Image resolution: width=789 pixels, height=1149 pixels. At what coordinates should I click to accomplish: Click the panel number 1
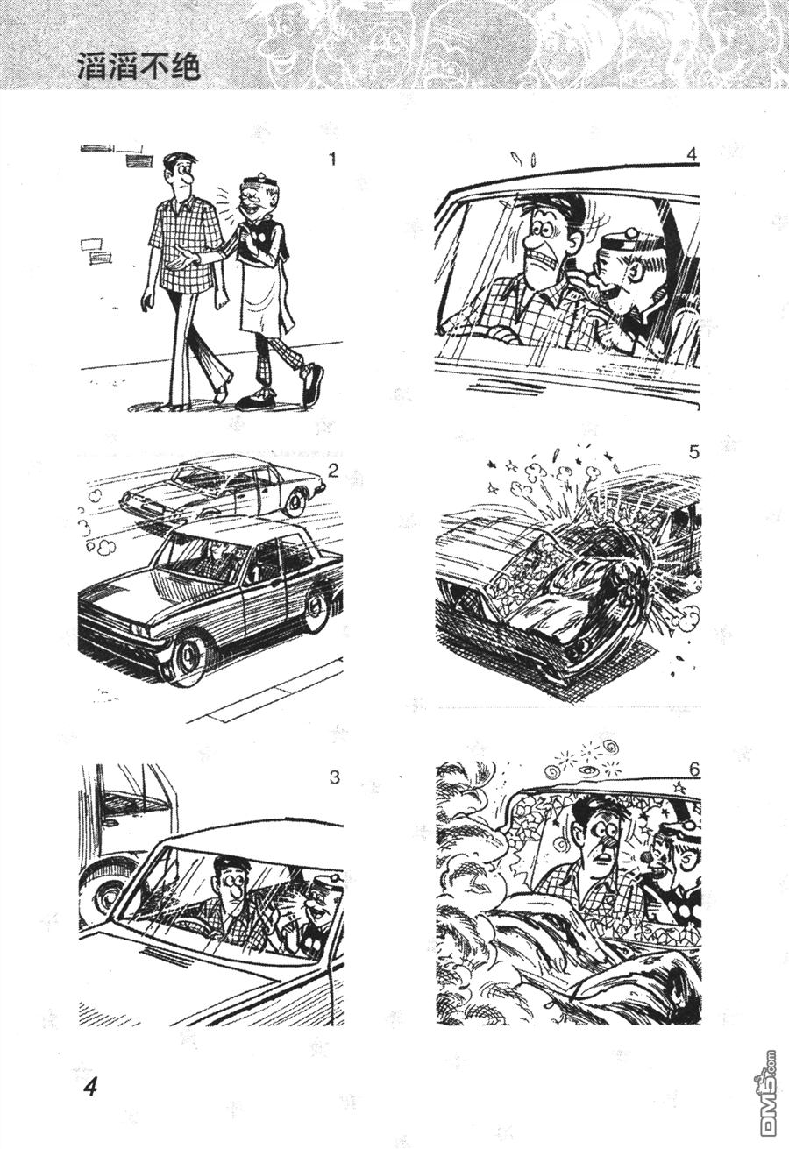(332, 159)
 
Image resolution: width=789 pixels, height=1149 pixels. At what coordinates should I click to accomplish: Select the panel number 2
(333, 471)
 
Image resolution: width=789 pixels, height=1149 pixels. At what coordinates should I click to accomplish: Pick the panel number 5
(693, 452)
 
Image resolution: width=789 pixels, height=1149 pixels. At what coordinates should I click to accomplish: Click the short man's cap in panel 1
(258, 182)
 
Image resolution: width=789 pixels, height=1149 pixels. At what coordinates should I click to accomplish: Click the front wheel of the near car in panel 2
(188, 659)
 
